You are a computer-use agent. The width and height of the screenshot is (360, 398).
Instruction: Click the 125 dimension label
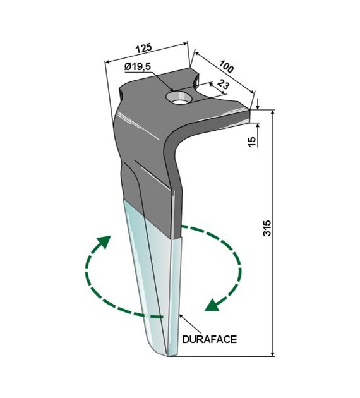coord(144,48)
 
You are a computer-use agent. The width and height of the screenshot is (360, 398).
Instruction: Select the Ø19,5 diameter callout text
coord(138,67)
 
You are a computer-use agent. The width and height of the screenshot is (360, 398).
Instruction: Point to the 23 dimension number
coord(223,84)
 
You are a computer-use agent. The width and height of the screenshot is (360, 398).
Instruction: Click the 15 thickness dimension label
coord(252,142)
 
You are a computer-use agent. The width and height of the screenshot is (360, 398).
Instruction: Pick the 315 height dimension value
coord(267,228)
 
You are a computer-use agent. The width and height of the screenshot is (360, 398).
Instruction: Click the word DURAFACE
coord(210,339)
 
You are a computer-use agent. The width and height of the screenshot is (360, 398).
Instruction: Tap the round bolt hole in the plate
coord(179,98)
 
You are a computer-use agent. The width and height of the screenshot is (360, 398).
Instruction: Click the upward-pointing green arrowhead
coord(104,241)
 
